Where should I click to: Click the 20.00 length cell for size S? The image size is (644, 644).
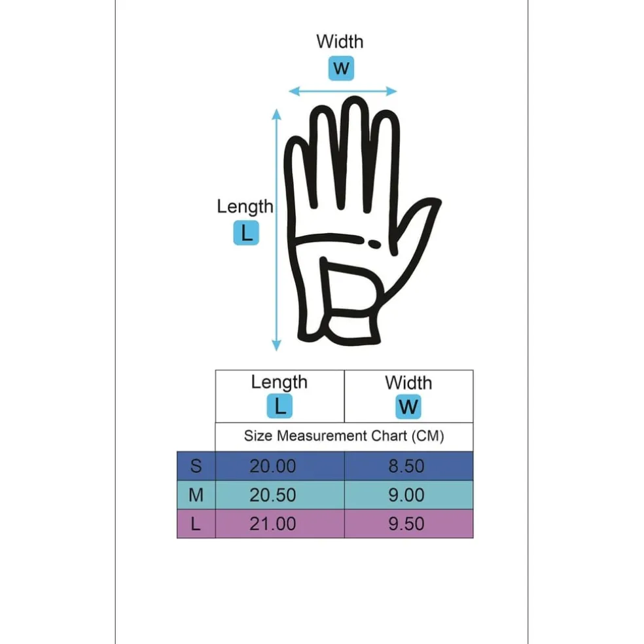pos(273,466)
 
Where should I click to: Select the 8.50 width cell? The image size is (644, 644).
pos(406,466)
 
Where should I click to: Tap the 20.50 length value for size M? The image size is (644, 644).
pos(273,495)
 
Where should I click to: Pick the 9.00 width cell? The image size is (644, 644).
pos(406,495)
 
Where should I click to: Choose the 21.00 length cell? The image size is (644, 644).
pos(273,524)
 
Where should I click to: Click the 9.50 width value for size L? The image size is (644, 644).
pos(406,524)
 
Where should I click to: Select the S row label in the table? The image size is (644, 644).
pos(196,466)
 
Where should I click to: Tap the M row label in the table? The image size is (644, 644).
pos(196,495)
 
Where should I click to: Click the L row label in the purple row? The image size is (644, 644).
pos(196,524)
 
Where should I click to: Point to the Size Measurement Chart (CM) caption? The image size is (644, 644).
pos(344,436)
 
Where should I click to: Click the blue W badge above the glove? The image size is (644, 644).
pos(341,68)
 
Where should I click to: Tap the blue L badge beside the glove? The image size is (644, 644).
pos(246,233)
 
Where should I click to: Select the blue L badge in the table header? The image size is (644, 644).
pos(279,406)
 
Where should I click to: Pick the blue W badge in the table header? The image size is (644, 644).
pos(408,406)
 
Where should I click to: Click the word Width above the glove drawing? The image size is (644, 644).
pos(340,41)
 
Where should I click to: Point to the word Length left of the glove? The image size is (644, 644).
pos(245,207)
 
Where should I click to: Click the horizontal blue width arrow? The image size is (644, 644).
pos(342,91)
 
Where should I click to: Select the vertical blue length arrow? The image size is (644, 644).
pos(276,230)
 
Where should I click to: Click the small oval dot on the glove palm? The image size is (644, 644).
pos(374,244)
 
